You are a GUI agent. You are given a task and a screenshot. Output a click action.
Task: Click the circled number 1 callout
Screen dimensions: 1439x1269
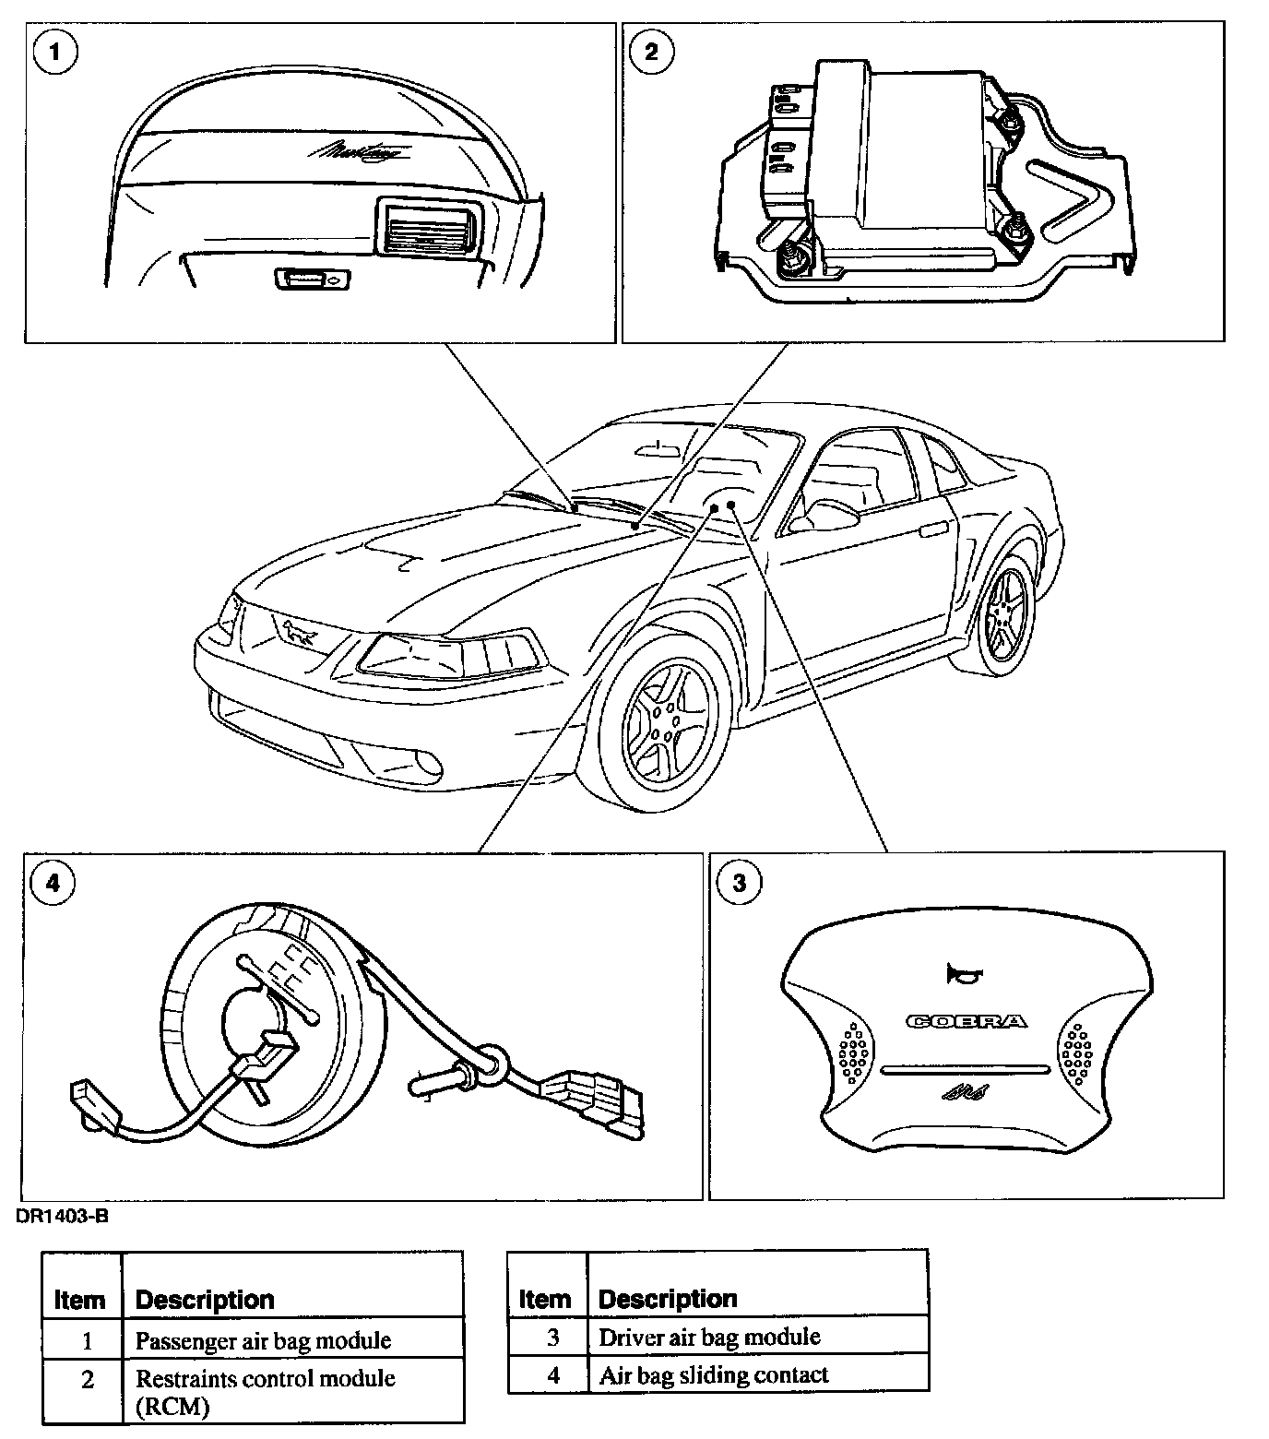coord(55,52)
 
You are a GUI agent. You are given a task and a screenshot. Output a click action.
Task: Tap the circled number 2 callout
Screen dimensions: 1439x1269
coord(652,52)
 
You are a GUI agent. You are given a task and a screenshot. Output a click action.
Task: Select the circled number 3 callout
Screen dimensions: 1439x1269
coord(741,883)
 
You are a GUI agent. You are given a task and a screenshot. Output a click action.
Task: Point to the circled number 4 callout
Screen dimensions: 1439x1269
coord(53,883)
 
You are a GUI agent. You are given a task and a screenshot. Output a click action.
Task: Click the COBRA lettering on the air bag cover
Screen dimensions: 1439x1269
coord(966,1021)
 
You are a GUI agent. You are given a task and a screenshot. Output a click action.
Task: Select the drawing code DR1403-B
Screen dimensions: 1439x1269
coord(62,1217)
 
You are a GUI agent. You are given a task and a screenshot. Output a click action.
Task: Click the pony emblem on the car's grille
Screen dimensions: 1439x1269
coord(298,633)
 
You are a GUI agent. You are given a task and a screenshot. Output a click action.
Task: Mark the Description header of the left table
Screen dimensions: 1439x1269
coord(205,1300)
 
